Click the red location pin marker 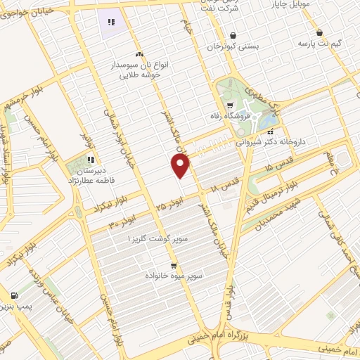[x=181, y=165]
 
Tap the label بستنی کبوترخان [x=232, y=45]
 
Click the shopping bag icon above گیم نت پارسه [x=320, y=32]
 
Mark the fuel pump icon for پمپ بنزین [x=15, y=297]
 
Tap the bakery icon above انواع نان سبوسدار [x=139, y=54]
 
